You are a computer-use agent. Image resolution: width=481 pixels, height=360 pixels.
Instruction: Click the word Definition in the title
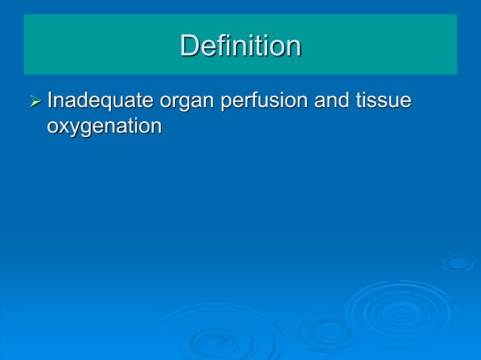tap(240, 46)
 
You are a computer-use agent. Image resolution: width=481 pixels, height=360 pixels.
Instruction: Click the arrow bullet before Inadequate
tap(35, 101)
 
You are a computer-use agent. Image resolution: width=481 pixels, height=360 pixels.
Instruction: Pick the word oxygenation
tap(104, 127)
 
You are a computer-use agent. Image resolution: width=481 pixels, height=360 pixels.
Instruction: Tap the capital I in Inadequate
tap(50, 100)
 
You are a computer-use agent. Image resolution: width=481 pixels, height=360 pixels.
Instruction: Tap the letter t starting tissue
tap(356, 100)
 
